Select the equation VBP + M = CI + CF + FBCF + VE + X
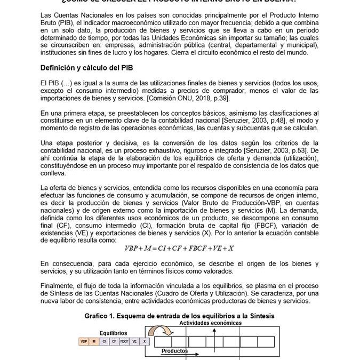(x=179, y=249)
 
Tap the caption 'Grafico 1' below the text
(x=179, y=316)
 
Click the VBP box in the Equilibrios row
(x=84, y=341)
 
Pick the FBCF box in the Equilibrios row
(x=124, y=341)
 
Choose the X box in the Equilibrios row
(x=145, y=341)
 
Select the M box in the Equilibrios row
(x=94, y=341)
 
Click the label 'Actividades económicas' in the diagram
(x=210, y=323)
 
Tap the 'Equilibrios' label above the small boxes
(x=114, y=333)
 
